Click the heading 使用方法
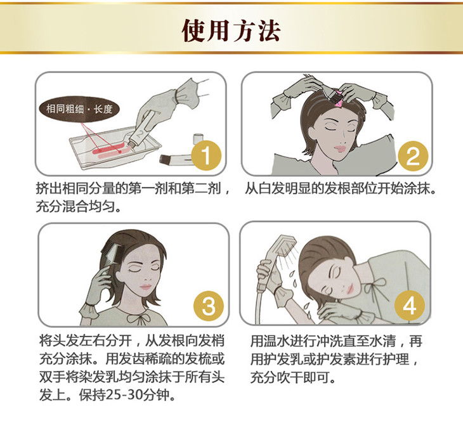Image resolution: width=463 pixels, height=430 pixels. point(231,30)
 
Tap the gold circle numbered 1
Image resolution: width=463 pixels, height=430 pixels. point(206,155)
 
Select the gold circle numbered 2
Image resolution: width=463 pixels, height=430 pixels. point(413,156)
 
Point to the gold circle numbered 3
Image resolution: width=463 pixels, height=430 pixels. point(209,305)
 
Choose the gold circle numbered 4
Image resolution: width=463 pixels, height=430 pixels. point(410,306)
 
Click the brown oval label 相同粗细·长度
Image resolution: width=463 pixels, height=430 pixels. point(80,109)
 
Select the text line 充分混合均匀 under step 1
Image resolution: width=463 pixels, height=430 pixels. point(75,206)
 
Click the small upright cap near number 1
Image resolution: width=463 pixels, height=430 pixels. point(199,139)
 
